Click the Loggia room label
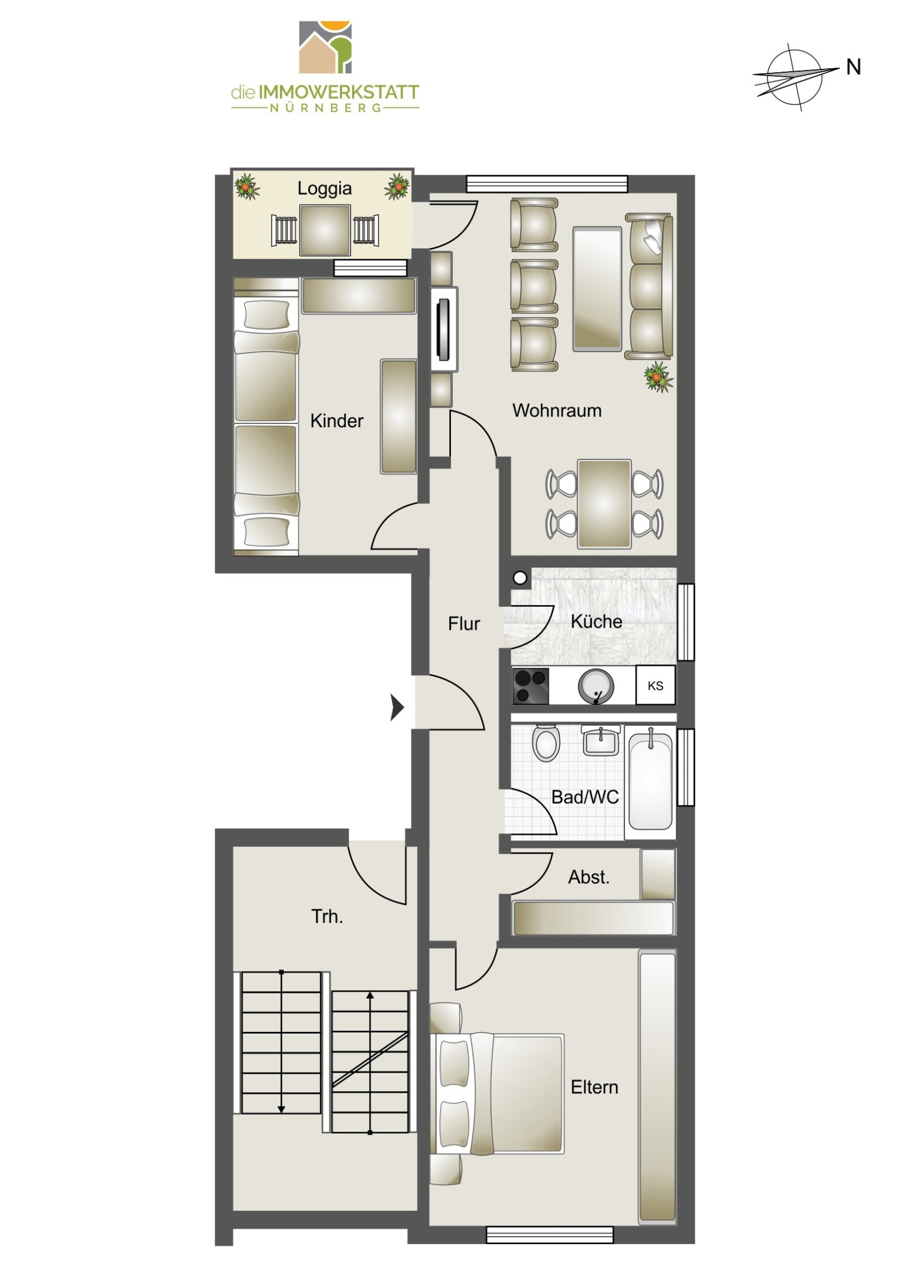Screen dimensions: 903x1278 tap(324, 189)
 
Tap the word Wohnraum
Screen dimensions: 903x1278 tap(556, 410)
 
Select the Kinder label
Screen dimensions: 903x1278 tap(336, 421)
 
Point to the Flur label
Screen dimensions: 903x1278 tap(463, 624)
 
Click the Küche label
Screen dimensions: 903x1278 tap(596, 621)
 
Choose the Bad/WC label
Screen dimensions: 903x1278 tap(585, 797)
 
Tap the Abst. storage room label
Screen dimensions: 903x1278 tap(589, 877)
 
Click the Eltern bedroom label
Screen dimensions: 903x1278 tap(594, 1087)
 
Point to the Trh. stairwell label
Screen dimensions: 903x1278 tap(327, 916)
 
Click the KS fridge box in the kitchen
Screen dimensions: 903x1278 tap(655, 686)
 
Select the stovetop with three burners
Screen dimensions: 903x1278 tap(531, 686)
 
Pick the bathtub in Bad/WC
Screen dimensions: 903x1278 tap(651, 781)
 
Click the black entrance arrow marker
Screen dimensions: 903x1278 tap(397, 707)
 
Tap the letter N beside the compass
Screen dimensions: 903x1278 tap(853, 67)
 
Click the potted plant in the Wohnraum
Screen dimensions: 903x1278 tap(658, 377)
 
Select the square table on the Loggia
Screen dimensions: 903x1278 tap(325, 230)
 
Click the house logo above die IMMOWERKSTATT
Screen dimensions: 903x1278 tap(325, 47)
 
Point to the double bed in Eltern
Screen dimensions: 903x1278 tap(497, 1093)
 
